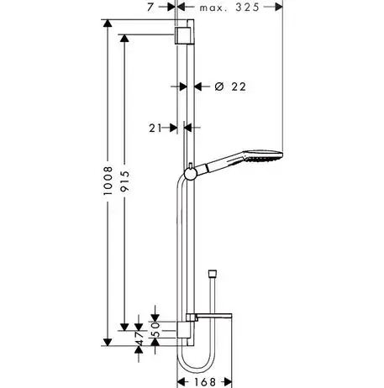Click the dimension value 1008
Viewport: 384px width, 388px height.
108,181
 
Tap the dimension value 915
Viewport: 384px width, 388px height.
124,181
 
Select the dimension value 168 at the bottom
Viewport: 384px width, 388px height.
205,382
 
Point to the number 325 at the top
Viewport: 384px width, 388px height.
247,8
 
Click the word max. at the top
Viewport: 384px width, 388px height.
213,8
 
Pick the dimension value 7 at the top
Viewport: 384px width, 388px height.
150,8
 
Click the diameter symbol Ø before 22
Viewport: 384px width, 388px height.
219,87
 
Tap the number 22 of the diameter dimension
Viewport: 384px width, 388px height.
239,87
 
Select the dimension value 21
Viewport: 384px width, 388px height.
155,128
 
